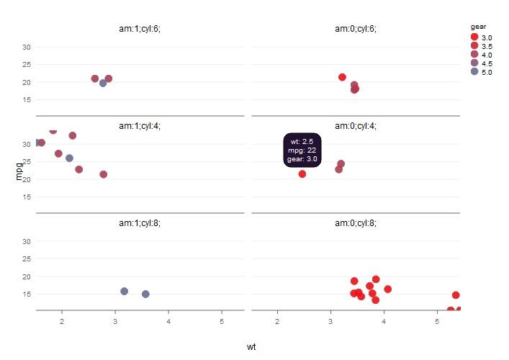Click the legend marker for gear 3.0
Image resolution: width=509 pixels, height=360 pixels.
pos(474,37)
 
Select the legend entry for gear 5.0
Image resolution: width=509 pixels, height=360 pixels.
pos(474,71)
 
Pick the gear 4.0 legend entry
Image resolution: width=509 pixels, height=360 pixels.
pos(474,54)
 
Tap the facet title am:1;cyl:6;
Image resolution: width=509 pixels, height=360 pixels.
pos(140,29)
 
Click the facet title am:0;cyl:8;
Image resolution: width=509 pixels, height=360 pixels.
pos(356,223)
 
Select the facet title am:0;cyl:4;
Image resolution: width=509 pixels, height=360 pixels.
pos(356,126)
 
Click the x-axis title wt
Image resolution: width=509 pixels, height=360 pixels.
pos(251,346)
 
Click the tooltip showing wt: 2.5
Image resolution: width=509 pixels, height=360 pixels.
pos(302,150)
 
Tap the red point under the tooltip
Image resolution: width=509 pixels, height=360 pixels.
pos(302,174)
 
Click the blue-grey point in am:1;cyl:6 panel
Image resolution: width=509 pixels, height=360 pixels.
pos(103,84)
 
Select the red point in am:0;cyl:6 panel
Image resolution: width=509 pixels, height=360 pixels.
pos(342,77)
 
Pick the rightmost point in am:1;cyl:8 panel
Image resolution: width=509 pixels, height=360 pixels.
pos(145,294)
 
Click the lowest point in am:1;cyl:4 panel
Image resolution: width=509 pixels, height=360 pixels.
pos(104,174)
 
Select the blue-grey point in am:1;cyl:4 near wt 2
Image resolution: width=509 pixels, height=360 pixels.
pos(69,158)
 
